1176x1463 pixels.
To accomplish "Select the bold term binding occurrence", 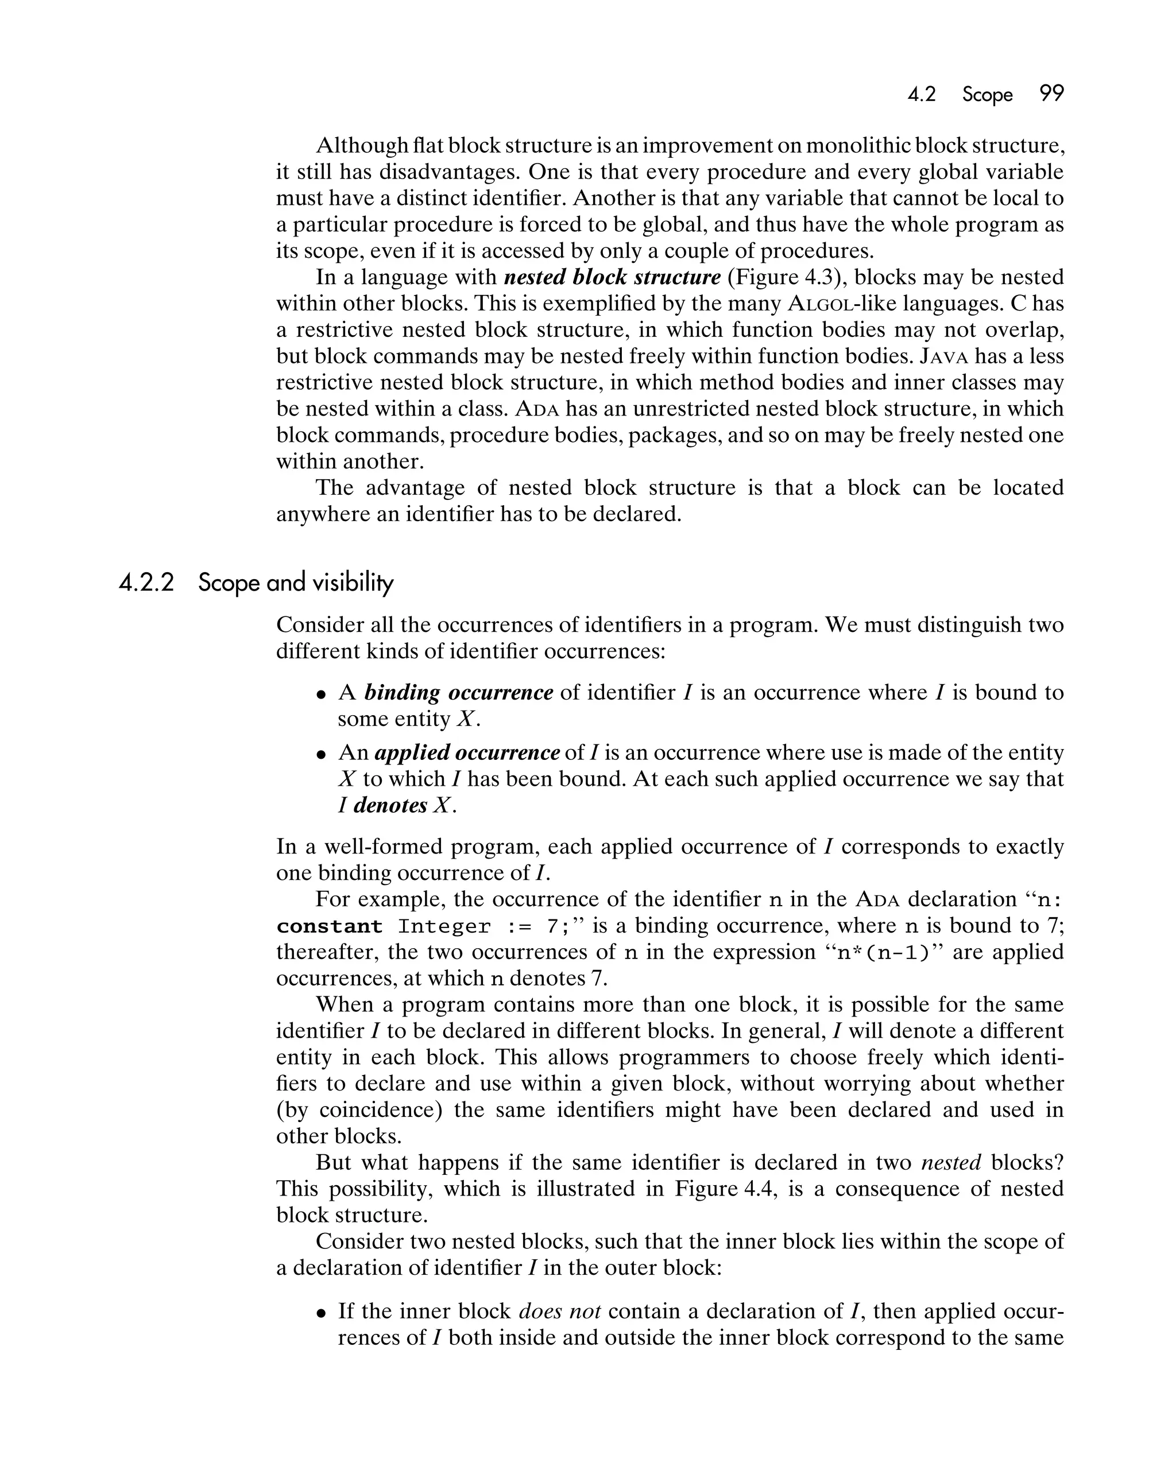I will (x=458, y=693).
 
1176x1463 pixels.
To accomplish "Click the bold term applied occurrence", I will (x=467, y=753).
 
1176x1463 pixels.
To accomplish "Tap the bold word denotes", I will (x=390, y=805).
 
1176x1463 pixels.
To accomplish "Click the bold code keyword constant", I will (x=329, y=927).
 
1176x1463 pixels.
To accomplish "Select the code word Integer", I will (x=444, y=927).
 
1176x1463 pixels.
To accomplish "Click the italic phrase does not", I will (x=559, y=1311).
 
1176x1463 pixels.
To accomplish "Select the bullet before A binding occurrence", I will (x=322, y=695).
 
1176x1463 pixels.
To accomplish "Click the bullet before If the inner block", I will (x=322, y=1313).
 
